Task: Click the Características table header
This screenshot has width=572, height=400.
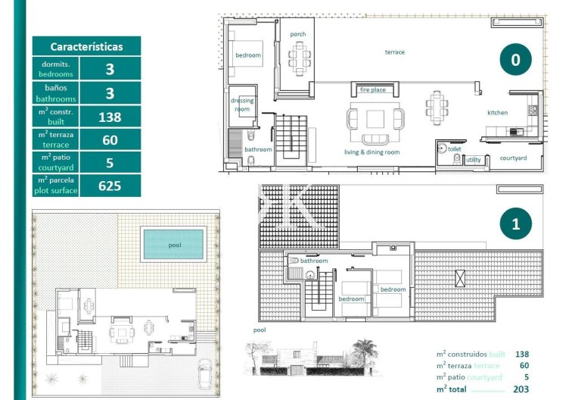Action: click(86, 46)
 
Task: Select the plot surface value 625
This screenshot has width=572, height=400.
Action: click(110, 186)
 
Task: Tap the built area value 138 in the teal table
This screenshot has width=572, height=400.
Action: click(110, 117)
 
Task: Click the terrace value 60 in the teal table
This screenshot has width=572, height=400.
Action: click(110, 140)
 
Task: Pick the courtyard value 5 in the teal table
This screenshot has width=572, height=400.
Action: click(110, 163)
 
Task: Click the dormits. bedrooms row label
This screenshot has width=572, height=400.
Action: click(57, 70)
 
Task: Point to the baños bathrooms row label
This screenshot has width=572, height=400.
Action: click(57, 93)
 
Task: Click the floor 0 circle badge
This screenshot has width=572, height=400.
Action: click(515, 61)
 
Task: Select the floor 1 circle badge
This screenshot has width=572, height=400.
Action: click(515, 224)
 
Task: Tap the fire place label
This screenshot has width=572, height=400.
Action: click(372, 90)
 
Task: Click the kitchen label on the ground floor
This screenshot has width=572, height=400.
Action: click(497, 113)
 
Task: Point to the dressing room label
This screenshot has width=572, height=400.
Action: click(242, 105)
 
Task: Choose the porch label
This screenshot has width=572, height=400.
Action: click(298, 33)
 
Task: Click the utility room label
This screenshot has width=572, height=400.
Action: click(473, 160)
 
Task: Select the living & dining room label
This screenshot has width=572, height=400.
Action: click(371, 152)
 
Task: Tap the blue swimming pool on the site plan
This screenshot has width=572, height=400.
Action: click(174, 244)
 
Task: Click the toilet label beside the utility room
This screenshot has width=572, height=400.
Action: click(454, 150)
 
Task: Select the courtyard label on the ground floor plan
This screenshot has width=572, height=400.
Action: click(514, 158)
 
